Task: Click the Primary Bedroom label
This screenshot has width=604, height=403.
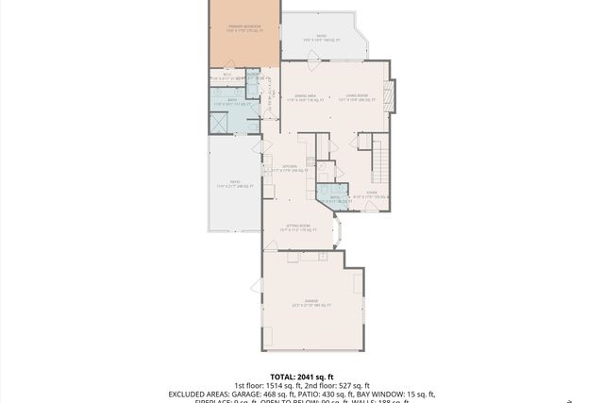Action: point(243,28)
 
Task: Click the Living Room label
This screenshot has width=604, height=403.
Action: point(356,96)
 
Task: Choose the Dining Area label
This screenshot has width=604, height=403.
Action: point(305,96)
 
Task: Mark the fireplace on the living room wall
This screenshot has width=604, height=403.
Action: point(396,95)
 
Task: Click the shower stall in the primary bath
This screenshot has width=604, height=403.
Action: point(219,123)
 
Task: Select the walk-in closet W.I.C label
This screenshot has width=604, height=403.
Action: point(226,76)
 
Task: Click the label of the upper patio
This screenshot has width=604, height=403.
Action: point(321,39)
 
